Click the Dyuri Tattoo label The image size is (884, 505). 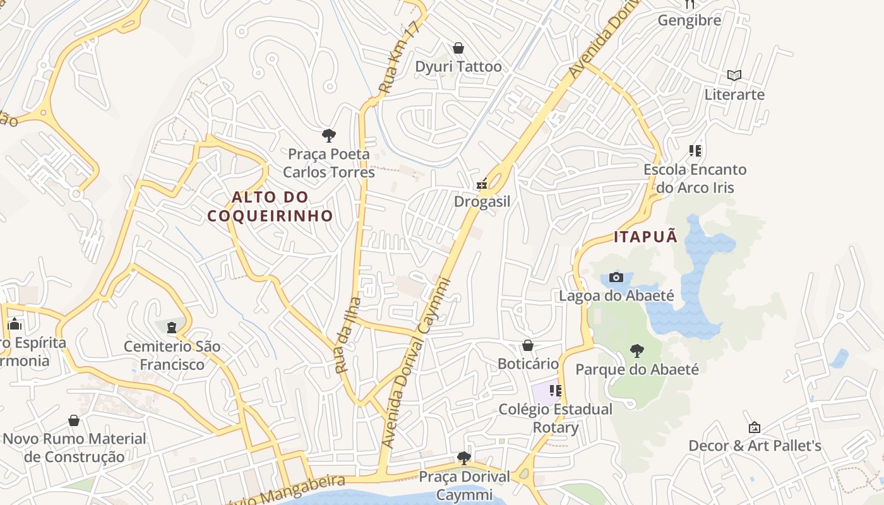point(458,66)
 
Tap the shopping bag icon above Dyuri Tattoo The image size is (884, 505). point(458,48)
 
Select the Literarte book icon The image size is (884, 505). point(734,76)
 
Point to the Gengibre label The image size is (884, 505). point(690,20)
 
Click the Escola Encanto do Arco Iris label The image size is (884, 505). point(695,179)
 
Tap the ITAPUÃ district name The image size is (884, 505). point(646,237)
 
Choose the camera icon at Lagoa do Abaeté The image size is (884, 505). point(616,277)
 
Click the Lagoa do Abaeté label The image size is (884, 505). point(617,295)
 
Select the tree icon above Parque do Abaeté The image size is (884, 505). point(637,351)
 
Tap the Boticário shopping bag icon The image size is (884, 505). point(528,345)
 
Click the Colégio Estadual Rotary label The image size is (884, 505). point(556,418)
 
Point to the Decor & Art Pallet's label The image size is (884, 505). point(755,446)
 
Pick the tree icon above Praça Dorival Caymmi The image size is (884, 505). point(464,458)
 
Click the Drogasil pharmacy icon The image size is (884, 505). point(482,184)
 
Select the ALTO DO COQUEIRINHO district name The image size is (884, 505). point(270,206)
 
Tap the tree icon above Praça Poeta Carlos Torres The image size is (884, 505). point(328,135)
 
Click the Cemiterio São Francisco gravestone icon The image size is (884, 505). point(172,327)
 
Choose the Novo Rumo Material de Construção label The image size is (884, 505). point(75,447)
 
